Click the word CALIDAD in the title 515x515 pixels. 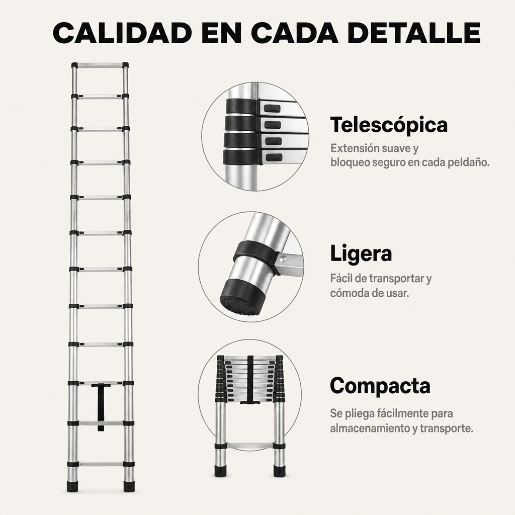[x=123, y=33]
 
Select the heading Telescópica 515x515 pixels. [x=389, y=125]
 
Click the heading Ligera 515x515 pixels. [x=361, y=253]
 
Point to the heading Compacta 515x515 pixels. [x=380, y=386]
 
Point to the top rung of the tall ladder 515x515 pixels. [x=100, y=65]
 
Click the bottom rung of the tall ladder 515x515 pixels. [x=101, y=464]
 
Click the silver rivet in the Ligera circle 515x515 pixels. [x=282, y=260]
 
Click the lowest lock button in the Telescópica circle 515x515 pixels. [x=274, y=157]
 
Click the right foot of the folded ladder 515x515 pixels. [x=279, y=471]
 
